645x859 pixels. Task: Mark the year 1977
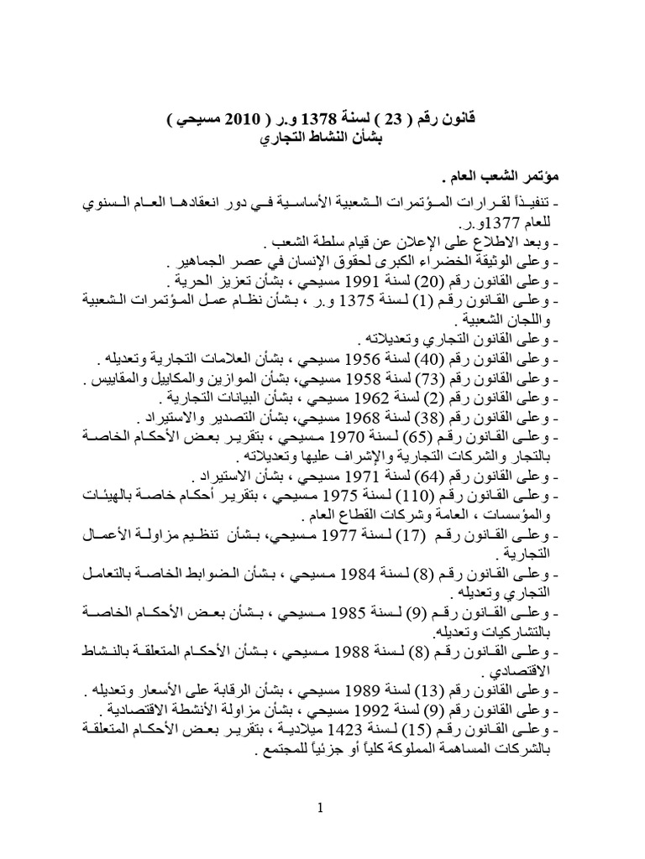[336, 536]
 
